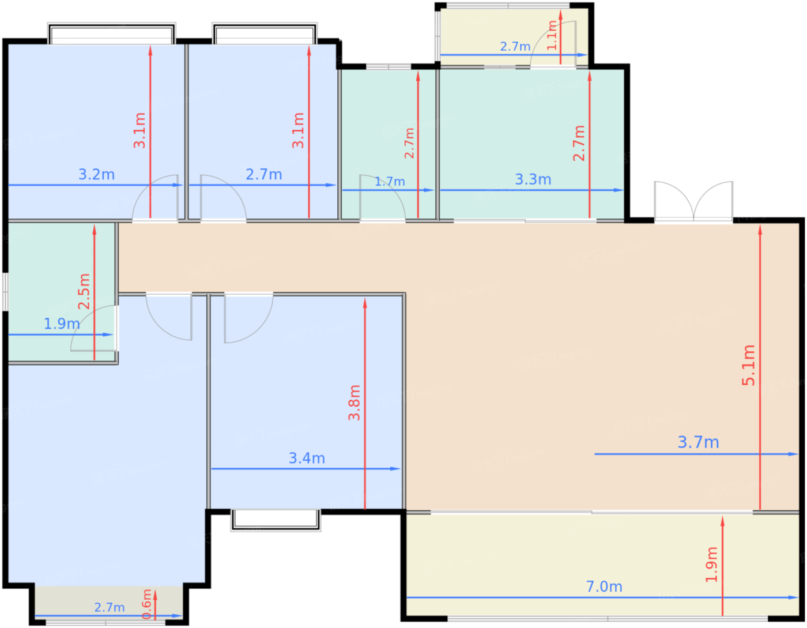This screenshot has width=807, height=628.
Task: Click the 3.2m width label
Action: tap(97, 175)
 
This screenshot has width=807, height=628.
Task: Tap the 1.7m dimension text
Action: tap(390, 182)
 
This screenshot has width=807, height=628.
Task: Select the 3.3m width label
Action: tap(533, 180)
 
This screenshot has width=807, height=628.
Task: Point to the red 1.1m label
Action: tap(552, 35)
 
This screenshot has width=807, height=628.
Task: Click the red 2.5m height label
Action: tap(84, 292)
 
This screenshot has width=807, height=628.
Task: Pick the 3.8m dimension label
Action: tap(355, 403)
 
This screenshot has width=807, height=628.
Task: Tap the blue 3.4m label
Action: tap(307, 458)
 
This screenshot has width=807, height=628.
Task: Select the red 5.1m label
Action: tap(748, 366)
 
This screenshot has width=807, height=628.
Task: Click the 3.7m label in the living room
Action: tap(698, 442)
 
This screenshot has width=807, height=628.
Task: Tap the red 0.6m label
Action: tap(147, 604)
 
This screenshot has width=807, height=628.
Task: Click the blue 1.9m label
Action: tap(62, 324)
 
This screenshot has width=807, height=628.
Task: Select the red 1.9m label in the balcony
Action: tap(711, 565)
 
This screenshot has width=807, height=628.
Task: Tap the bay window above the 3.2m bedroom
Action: tap(111, 33)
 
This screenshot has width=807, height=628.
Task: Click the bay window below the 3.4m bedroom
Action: tap(276, 520)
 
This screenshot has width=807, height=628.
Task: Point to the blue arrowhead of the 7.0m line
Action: tap(794, 597)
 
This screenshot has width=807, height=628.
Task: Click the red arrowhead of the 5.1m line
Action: tap(760, 230)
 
